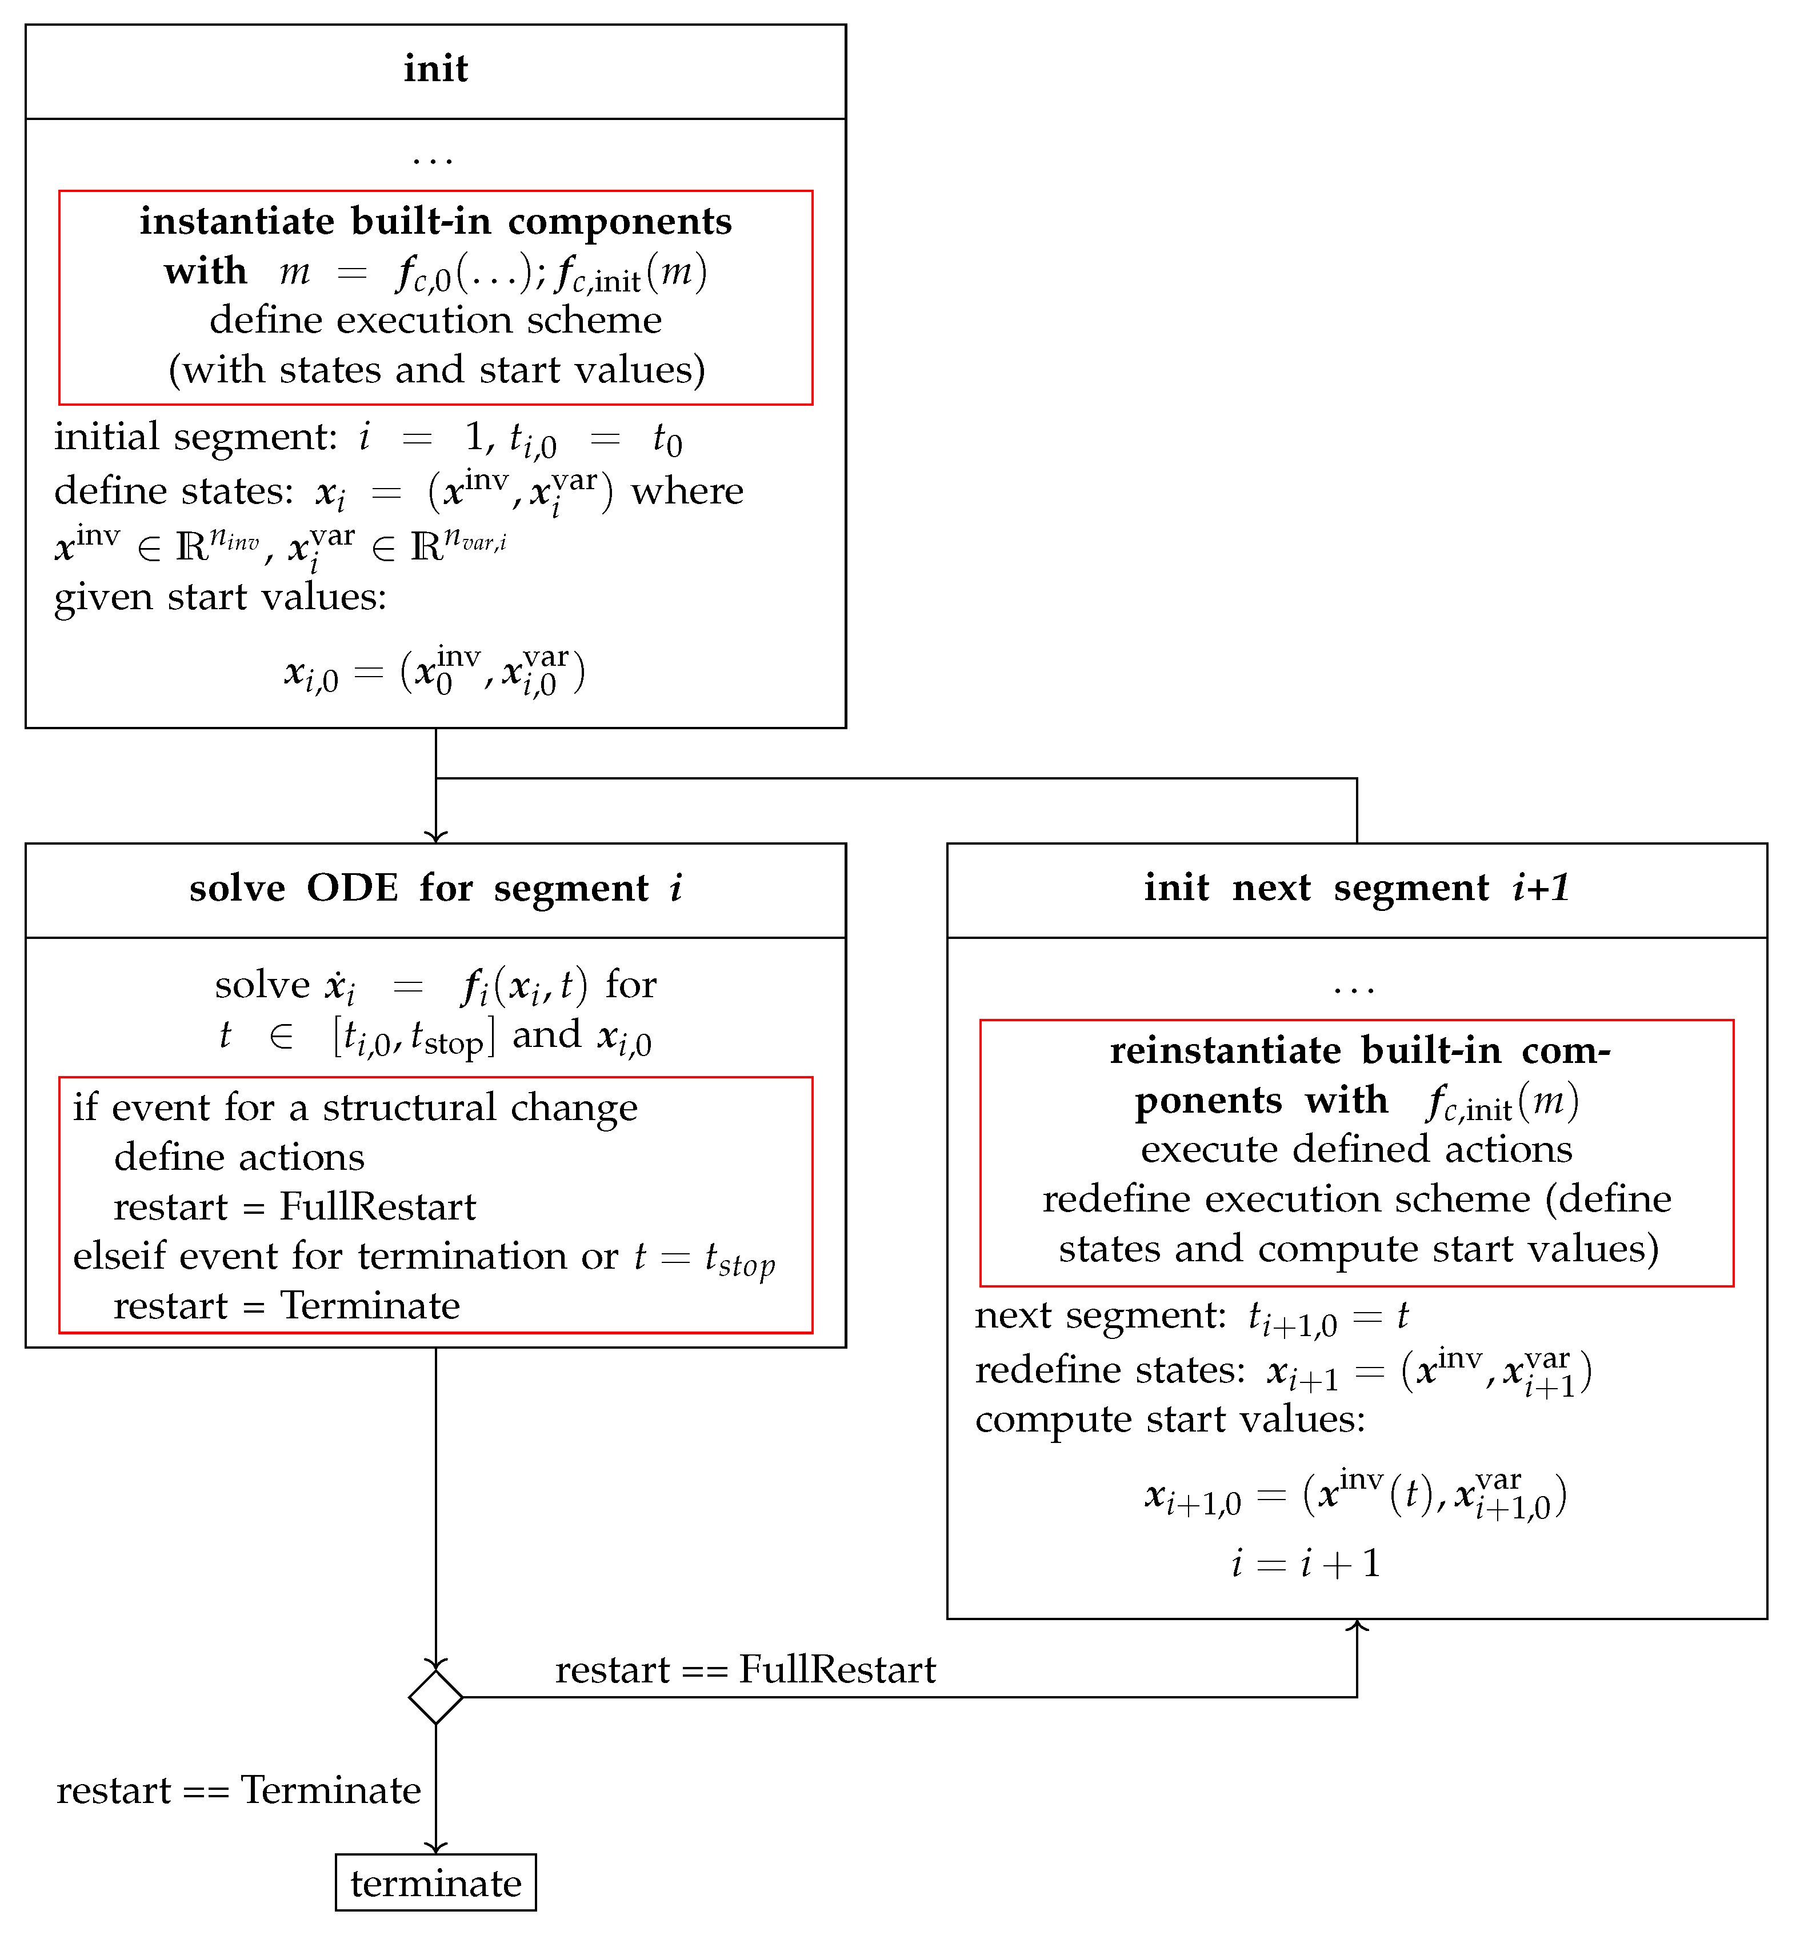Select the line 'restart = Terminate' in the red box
[286, 1305]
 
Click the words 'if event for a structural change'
[355, 1108]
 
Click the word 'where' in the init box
[687, 490]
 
